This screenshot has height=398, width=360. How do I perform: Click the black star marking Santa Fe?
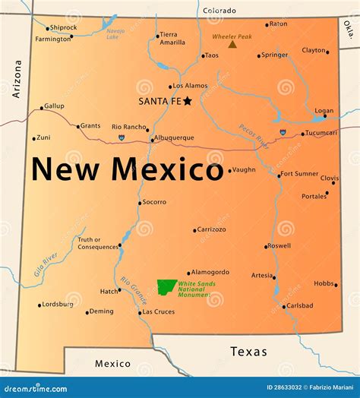click(187, 99)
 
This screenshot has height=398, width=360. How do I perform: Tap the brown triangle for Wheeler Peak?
click(232, 44)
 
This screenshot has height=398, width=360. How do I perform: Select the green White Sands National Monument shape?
click(167, 287)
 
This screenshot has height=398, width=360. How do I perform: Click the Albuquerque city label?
click(174, 138)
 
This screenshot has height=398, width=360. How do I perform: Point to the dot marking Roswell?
click(267, 246)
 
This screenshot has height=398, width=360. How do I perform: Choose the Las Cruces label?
click(158, 312)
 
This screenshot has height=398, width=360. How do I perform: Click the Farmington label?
click(53, 39)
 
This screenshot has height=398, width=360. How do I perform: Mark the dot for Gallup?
click(41, 107)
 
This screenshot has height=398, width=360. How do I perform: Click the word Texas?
click(249, 352)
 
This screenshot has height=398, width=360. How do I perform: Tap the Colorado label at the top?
click(219, 11)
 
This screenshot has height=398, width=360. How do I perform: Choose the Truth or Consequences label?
click(98, 243)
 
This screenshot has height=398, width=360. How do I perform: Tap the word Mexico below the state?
click(112, 364)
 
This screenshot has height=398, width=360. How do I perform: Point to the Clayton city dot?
click(327, 52)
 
